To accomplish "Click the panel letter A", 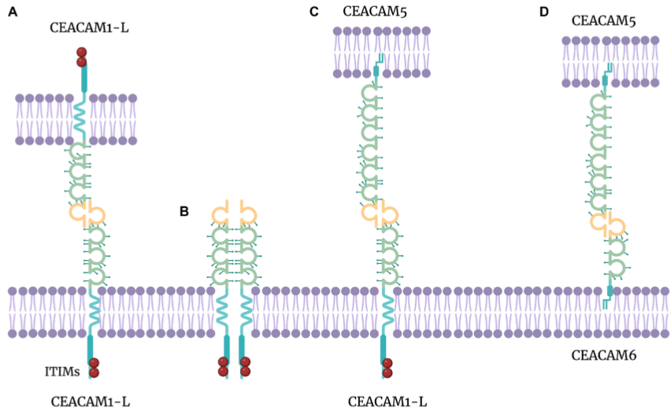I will point(13,12).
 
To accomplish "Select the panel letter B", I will point(184,211).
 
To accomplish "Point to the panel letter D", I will point(543,12).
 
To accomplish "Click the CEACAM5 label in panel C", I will point(374,11).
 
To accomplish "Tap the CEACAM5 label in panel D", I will point(603,20).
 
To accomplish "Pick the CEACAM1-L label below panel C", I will point(387,401).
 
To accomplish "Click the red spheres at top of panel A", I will point(81,57).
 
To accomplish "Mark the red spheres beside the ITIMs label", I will point(94,367).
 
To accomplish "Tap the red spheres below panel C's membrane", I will point(387,367).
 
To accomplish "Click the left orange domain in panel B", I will point(221,214).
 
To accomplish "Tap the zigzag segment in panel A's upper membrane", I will point(82,118).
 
